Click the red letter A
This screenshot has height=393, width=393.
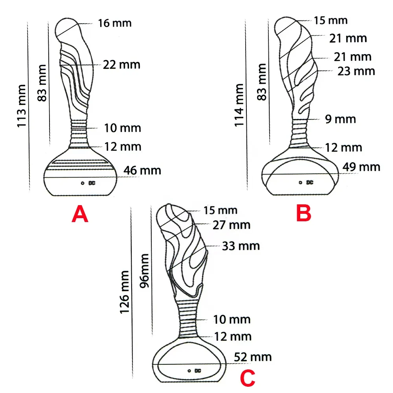coord(80,214)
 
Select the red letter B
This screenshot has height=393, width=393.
coord(304,213)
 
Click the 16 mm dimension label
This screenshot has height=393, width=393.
coord(114,23)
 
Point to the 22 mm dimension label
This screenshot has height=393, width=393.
coord(121,65)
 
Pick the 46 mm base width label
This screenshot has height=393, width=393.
coord(142,171)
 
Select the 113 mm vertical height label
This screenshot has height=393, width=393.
coord(22,106)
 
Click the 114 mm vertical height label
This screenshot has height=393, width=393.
coord(239,105)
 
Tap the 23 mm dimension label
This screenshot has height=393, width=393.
coord(356,72)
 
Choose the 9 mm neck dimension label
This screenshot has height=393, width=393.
coord(340,119)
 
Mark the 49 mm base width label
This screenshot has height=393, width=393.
coord(362,167)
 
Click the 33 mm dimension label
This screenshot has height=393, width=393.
coord(241,246)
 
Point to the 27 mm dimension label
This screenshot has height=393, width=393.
coord(231,225)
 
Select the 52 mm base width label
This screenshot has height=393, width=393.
coord(253,357)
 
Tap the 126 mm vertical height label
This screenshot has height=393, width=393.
coord(124,292)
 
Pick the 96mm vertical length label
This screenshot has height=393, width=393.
coord(144,271)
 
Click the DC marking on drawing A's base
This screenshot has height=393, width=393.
coord(92,183)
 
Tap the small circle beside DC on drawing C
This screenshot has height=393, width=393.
coord(189,371)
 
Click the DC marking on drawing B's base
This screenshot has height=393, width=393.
coord(310,182)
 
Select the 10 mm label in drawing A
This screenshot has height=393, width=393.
coord(123,128)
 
